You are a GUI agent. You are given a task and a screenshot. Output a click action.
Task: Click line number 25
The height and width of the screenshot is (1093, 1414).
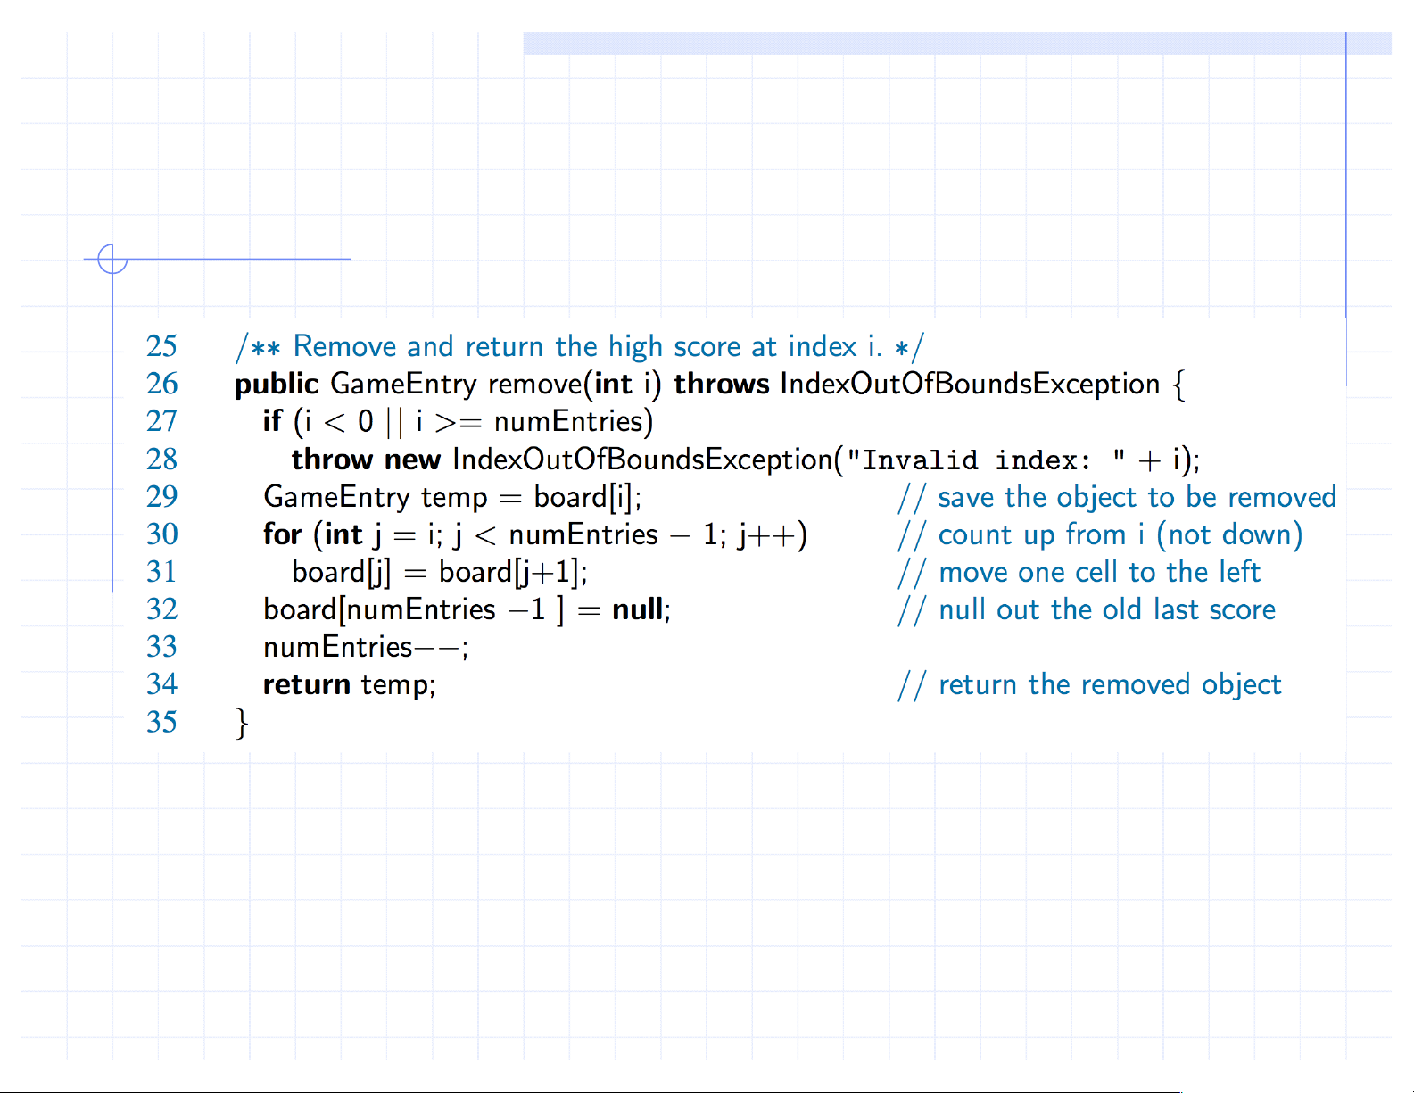(x=161, y=346)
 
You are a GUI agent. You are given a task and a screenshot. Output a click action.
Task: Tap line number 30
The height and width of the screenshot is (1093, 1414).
(x=161, y=534)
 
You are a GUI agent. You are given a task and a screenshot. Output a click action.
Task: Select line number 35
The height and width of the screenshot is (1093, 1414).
(x=161, y=722)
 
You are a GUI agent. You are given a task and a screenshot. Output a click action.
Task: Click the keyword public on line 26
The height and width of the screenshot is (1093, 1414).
(x=276, y=385)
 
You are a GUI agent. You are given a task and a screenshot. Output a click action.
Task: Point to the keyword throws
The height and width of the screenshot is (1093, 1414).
(x=721, y=385)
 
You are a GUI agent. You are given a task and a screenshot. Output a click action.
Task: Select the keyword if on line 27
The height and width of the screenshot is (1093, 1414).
(x=272, y=421)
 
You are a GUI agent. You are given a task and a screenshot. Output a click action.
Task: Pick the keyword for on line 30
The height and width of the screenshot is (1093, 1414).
(x=282, y=534)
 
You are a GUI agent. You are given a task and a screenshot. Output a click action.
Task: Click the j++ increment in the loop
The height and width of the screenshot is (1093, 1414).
(x=766, y=535)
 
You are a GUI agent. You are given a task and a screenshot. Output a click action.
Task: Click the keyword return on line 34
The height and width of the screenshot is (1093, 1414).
(x=306, y=684)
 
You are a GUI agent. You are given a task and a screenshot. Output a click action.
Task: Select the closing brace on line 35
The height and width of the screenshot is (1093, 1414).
(x=242, y=723)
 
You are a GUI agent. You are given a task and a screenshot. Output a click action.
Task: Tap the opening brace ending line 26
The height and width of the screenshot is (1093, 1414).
(x=1178, y=385)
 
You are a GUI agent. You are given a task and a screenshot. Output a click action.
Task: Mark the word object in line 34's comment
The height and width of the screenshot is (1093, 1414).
(x=1241, y=684)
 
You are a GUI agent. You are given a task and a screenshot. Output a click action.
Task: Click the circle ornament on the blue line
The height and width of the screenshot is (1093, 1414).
(x=112, y=259)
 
